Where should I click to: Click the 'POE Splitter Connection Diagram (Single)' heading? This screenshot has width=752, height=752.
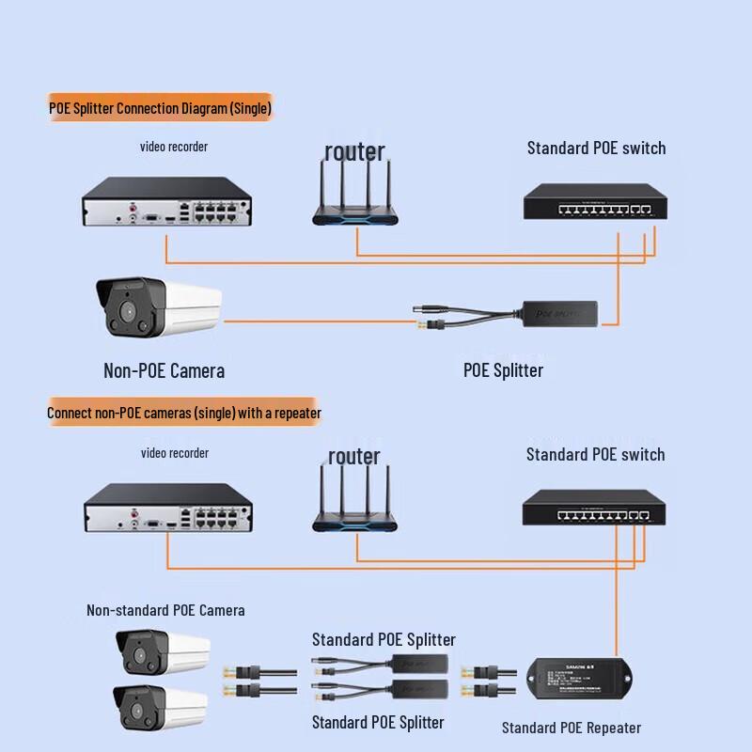coord(160,109)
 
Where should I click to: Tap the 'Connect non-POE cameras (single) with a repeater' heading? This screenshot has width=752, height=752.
coord(184,413)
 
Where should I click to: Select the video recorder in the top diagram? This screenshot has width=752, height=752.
coord(167,202)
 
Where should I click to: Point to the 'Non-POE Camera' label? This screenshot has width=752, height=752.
coord(164,370)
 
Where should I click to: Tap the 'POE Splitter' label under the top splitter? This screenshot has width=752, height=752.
coord(503,370)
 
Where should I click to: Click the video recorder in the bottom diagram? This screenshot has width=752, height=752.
coord(167,509)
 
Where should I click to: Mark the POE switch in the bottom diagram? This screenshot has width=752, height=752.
coord(595,509)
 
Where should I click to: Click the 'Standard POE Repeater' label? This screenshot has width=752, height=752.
coord(571,728)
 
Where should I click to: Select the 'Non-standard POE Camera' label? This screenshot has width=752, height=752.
coord(165,610)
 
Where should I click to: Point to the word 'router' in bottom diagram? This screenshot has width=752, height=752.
coord(354,457)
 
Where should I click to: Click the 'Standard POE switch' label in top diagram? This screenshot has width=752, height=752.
coord(596,148)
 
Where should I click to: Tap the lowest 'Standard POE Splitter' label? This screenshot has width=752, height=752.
coord(378,722)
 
